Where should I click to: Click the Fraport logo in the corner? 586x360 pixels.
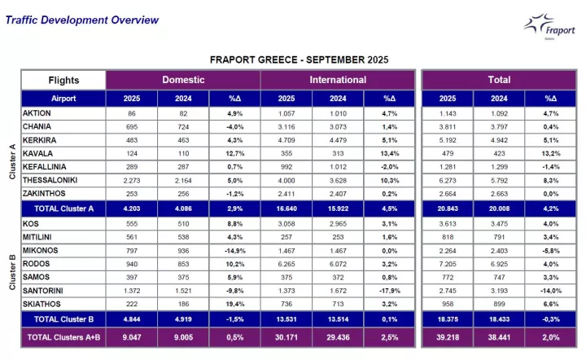548,27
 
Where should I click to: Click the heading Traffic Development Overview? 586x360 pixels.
82,20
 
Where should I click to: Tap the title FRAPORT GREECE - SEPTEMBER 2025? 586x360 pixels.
299,59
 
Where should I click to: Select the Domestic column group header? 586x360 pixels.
183,80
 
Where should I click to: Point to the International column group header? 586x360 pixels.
338,80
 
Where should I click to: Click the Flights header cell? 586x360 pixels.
63,80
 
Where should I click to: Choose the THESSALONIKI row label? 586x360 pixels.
54,180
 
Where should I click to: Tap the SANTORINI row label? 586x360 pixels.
47,291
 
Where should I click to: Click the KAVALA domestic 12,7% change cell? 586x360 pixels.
234,152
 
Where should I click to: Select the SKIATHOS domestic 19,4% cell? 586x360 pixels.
234,305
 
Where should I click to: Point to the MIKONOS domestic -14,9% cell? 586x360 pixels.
234,250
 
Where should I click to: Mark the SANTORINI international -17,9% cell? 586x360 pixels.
390,291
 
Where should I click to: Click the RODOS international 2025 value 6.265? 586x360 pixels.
287,264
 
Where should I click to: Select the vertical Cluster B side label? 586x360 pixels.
11,270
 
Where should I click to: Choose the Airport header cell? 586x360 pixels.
63,98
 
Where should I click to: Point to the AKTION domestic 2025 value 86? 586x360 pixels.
132,112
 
